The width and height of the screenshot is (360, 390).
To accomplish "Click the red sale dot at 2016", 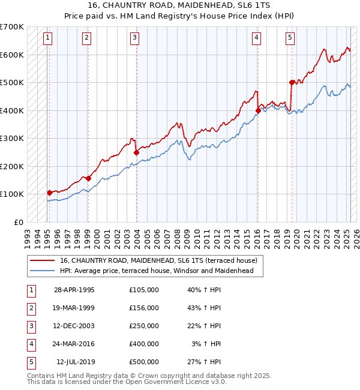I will pos(258,110).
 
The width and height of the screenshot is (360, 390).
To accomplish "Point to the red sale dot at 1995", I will pos(49,193).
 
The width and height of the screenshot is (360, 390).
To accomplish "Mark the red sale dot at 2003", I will pos(136,152).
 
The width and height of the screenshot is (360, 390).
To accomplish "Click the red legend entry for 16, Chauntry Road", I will pos(158,260).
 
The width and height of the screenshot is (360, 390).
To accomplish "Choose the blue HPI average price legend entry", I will pos(157,271).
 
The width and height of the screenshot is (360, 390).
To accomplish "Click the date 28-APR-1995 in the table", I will pos(74,290).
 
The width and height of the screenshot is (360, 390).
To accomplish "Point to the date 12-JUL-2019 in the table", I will pos(76,362).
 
